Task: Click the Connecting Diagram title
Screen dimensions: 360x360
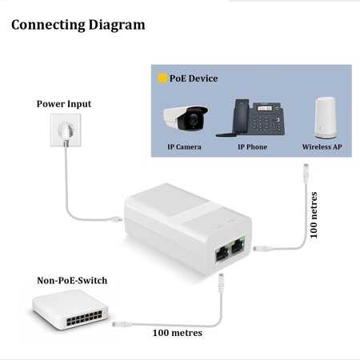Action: point(78,25)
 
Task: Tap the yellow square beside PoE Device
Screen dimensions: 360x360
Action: point(162,78)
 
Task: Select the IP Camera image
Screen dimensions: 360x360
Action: point(186,118)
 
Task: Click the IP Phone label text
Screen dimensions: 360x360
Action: point(252,146)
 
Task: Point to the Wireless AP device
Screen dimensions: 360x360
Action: point(325,118)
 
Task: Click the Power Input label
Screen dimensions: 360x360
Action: point(64,104)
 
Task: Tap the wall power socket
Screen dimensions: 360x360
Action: point(66,130)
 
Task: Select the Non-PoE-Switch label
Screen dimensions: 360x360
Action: point(72,280)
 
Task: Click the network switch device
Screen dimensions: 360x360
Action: point(70,310)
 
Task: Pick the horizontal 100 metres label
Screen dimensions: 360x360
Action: point(178,333)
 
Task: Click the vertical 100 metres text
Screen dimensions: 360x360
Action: point(314,214)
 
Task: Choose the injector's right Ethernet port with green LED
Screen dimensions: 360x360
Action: point(238,246)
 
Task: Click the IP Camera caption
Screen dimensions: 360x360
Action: point(184,146)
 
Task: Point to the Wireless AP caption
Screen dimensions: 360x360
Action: point(322,146)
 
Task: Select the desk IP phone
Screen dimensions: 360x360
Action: point(250,118)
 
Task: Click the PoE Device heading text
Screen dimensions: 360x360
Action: point(194,78)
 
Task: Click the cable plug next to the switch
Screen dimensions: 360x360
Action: point(122,324)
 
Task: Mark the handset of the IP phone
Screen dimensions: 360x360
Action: point(241,117)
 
